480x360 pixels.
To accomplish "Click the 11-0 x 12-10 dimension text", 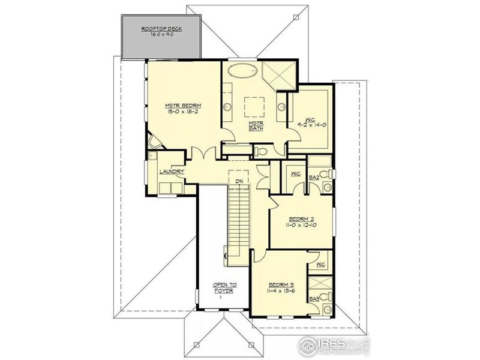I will pyautogui.click(x=301, y=227).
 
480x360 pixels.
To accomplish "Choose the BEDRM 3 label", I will pyautogui.click(x=281, y=284).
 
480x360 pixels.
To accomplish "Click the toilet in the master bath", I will pyautogui.click(x=260, y=151).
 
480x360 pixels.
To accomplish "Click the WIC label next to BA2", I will pyautogui.click(x=295, y=174).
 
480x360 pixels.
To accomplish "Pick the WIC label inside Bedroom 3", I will pyautogui.click(x=320, y=264).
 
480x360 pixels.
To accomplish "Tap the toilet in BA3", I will pyautogui.click(x=323, y=298).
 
